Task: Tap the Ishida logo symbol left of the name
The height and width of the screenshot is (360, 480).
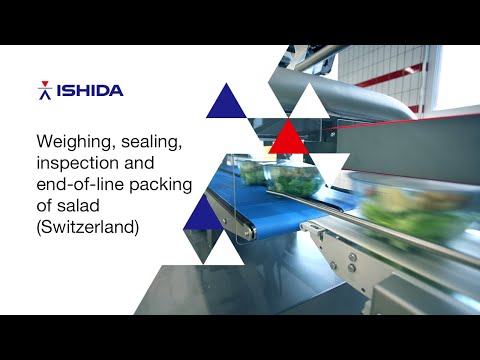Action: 44,91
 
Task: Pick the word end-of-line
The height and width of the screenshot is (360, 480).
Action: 77,183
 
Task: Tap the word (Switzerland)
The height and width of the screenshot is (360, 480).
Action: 87,227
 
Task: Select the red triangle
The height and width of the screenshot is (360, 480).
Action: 290,137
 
